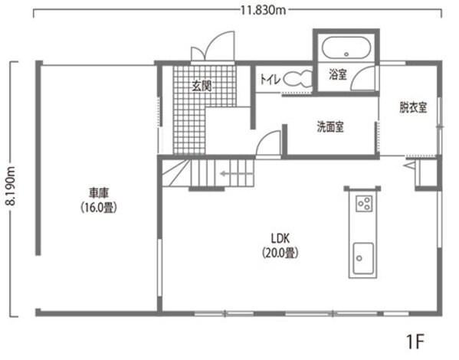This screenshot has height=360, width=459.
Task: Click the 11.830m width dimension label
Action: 263,10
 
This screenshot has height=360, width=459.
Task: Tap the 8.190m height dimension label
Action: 11,185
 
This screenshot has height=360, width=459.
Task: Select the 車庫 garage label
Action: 99,194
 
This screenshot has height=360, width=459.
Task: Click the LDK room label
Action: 280,238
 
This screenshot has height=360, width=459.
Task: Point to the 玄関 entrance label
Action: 202,86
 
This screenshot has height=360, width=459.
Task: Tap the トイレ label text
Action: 270,79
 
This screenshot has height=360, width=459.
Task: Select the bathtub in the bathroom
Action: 346,47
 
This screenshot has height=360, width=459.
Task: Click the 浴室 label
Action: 338,74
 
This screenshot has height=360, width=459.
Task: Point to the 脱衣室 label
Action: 413,107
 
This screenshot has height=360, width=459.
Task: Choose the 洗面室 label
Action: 330,126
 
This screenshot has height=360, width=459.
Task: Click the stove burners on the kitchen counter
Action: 364,203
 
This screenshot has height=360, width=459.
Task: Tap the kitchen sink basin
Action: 363,258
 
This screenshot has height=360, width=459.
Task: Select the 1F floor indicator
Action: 415,341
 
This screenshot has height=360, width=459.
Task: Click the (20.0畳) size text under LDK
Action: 280,253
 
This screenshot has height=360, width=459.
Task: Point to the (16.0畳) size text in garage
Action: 99,208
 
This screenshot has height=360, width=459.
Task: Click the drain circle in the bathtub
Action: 346,54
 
